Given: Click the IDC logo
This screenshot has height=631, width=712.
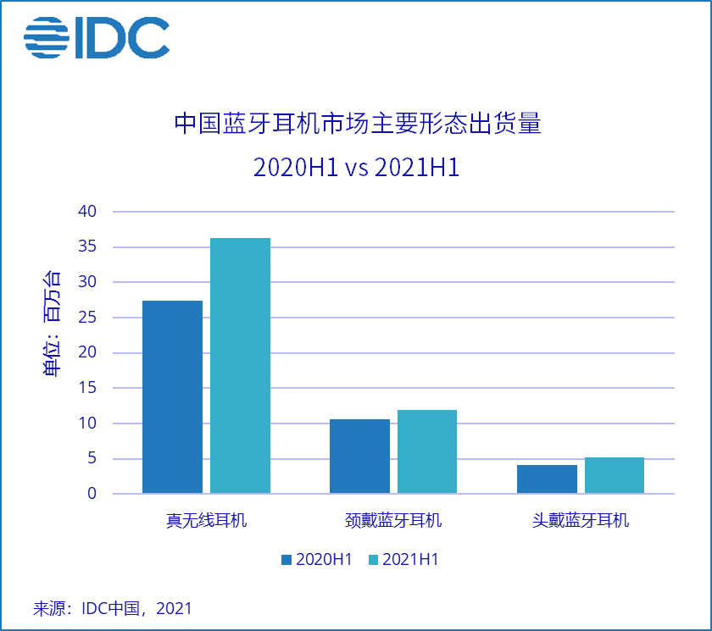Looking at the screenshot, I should tap(97, 37).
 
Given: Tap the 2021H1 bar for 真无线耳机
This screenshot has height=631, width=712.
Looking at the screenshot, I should tap(240, 365).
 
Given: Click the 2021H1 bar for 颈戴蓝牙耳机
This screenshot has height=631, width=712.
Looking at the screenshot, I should tap(427, 451).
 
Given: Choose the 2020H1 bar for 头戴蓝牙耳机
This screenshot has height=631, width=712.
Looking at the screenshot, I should tap(547, 479).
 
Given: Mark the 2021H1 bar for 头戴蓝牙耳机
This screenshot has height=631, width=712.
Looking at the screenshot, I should tap(615, 475).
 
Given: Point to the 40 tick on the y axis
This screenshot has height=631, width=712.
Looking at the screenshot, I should tap(88, 211).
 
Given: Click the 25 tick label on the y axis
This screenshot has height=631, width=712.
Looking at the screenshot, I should tap(88, 317).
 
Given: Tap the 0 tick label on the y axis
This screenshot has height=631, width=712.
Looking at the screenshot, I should tap(92, 493).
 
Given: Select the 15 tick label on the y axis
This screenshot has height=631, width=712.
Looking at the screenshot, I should tap(88, 388).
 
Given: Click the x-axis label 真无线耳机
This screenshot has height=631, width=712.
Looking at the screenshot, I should tap(206, 520).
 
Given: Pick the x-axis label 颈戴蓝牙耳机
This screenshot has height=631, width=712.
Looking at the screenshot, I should tap(393, 520).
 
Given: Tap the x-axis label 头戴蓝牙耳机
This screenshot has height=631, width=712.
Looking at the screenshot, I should tap(581, 520).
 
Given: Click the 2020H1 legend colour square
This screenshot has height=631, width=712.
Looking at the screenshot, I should tap(286, 560).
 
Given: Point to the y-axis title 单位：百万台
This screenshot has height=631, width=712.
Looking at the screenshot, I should tap(52, 324).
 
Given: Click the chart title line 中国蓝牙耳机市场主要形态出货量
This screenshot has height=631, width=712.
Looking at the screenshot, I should tap(357, 125).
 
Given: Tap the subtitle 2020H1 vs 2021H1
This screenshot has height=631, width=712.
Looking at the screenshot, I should tap(357, 167).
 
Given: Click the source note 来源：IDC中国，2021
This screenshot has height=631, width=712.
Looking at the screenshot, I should tap(113, 608).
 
